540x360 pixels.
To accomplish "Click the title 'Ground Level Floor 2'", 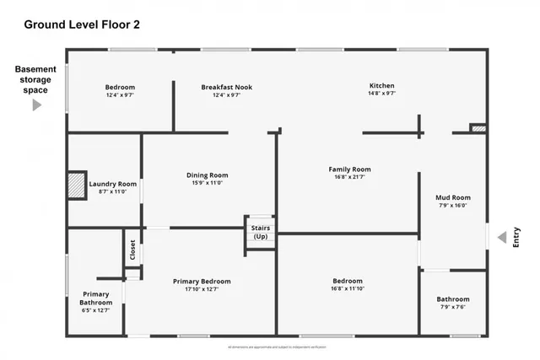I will [82, 24].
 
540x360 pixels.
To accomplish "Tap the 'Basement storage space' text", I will [35, 79].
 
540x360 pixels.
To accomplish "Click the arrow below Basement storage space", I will [36, 105].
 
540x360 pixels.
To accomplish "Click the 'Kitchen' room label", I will [381, 86].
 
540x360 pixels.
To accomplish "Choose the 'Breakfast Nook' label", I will [226, 87].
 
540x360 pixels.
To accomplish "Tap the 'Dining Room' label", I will [208, 175].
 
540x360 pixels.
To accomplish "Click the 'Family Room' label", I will [349, 169].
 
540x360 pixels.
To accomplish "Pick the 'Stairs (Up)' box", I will [261, 232].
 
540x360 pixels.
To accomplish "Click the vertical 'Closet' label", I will [132, 250].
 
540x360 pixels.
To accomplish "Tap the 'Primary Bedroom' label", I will [202, 282].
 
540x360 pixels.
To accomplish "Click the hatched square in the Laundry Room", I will [77, 186].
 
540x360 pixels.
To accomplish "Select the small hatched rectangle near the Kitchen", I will [478, 129].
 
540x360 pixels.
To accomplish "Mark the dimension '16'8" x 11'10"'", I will [348, 289].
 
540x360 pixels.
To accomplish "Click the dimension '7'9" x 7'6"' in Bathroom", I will [452, 308].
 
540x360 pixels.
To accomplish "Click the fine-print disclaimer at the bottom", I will [277, 347].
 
